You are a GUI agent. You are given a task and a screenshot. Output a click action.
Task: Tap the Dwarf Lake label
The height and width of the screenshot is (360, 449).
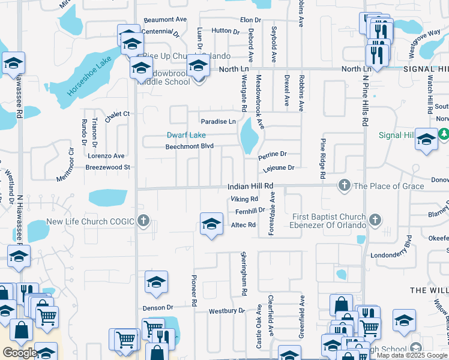(x=186, y=135)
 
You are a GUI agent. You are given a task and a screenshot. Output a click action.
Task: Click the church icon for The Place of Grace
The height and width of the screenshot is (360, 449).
(x=345, y=185)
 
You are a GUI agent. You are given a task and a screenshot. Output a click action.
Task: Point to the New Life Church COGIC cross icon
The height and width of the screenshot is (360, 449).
(x=143, y=221)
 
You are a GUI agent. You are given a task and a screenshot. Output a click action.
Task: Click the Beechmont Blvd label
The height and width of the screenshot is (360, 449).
(x=189, y=146)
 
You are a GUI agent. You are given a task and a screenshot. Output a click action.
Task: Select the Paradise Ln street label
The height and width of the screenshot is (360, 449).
(x=218, y=121)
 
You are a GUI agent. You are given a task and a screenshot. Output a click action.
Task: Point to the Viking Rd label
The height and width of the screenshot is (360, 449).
(x=244, y=199)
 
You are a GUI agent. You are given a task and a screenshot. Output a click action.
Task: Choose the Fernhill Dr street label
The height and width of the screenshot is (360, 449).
(x=250, y=211)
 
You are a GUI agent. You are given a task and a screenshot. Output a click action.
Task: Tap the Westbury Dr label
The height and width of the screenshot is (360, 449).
(x=227, y=311)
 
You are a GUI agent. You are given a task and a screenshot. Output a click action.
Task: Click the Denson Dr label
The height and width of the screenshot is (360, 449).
(x=158, y=308)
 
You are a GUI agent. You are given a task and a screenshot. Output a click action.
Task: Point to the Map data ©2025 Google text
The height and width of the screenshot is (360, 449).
(x=412, y=355)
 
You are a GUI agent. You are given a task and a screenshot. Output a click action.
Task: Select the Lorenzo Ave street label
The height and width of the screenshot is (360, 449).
(x=106, y=156)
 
